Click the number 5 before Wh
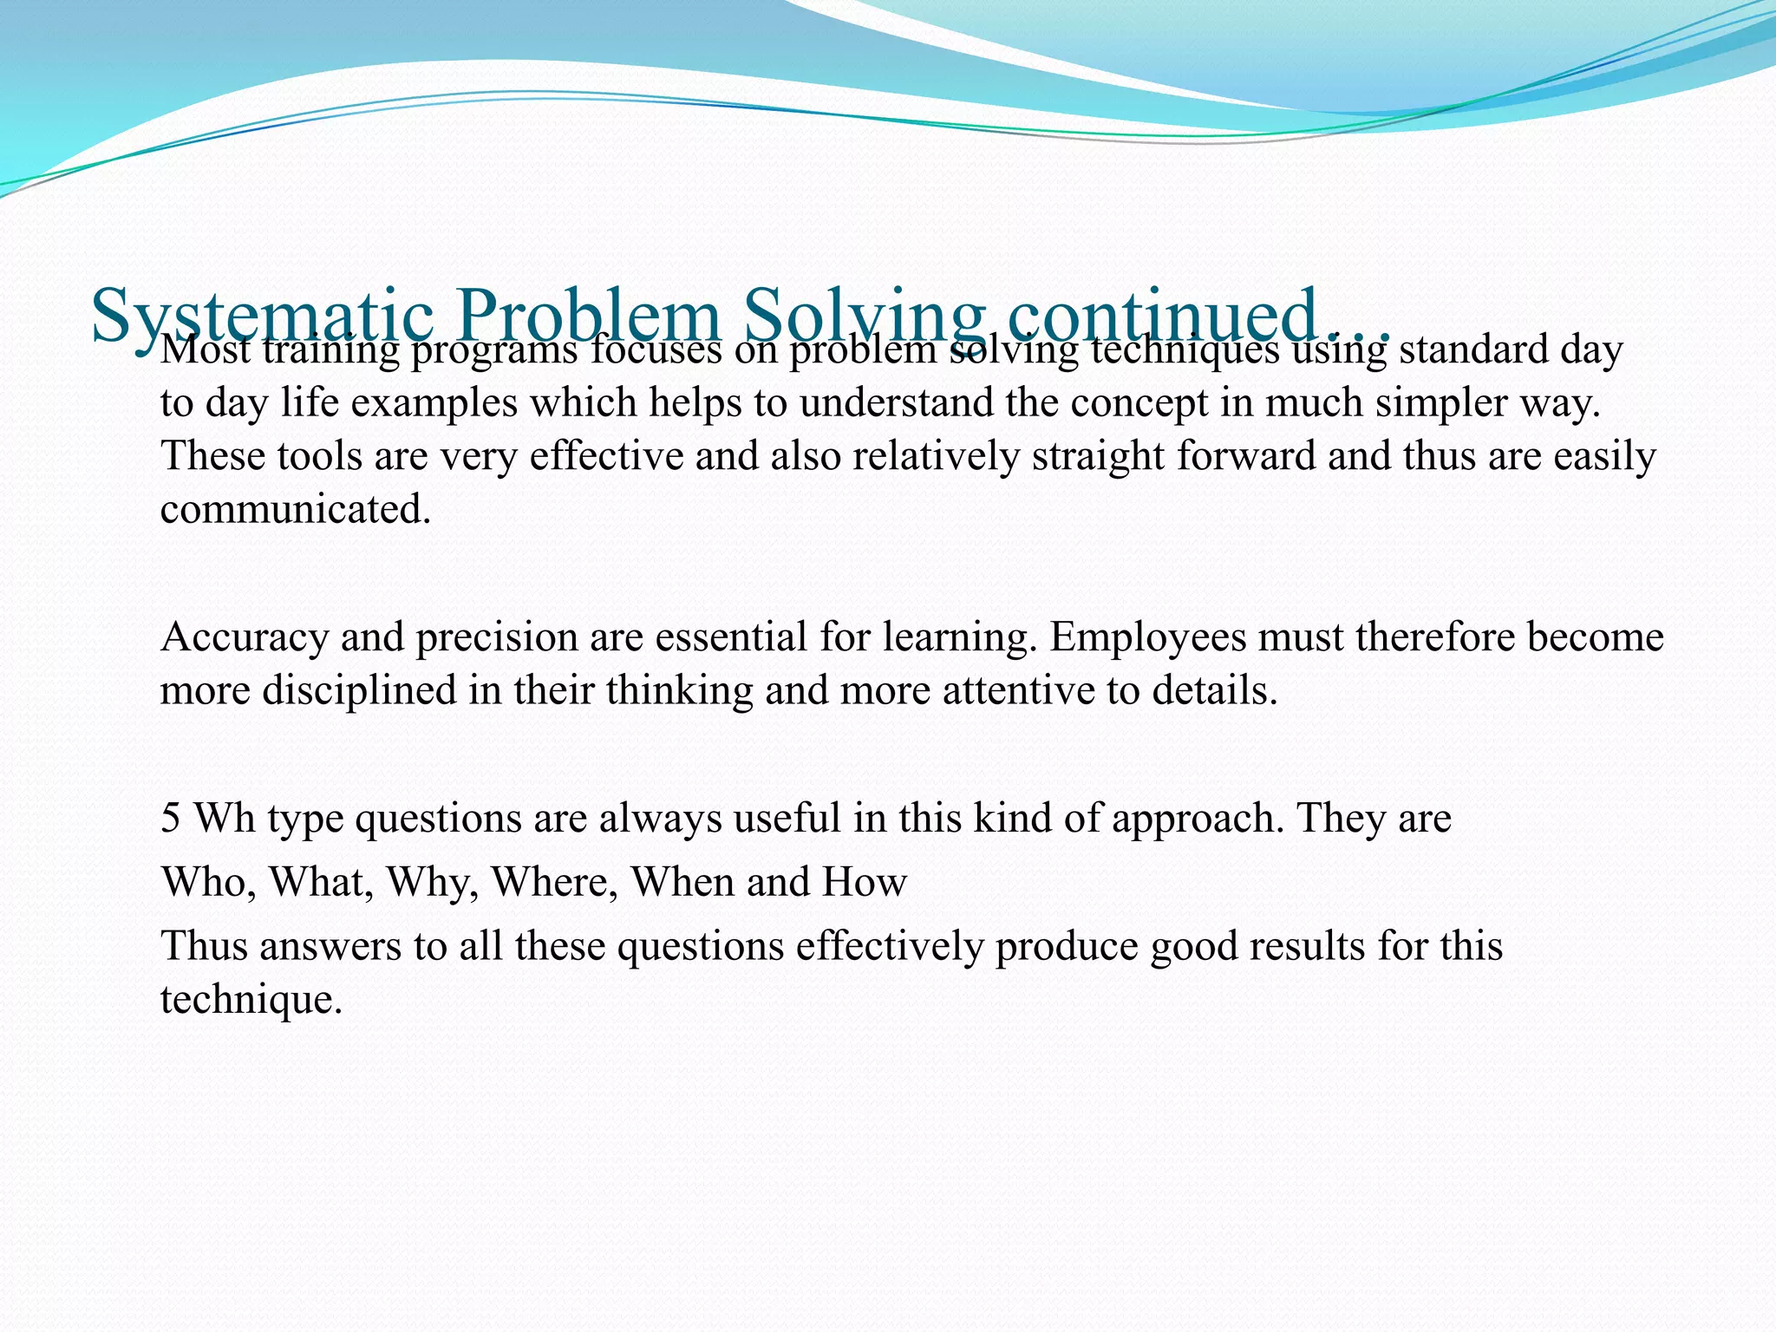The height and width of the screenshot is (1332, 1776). tap(171, 818)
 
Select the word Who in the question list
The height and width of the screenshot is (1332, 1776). tap(208, 883)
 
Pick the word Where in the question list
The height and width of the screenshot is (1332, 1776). tap(555, 883)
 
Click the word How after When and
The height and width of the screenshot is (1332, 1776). tap(865, 883)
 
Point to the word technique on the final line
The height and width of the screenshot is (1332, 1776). tap(251, 1000)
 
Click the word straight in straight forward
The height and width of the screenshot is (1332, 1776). tap(1097, 457)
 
